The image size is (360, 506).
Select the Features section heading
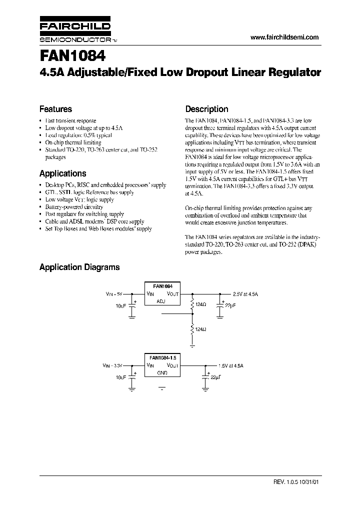(x=55, y=109)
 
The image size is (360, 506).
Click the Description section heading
(x=206, y=109)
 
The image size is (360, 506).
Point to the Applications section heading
(x=62, y=173)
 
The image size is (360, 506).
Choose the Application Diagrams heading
(x=79, y=267)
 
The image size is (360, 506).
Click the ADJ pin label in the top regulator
(x=161, y=301)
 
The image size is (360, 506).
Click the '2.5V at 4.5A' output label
(x=245, y=294)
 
